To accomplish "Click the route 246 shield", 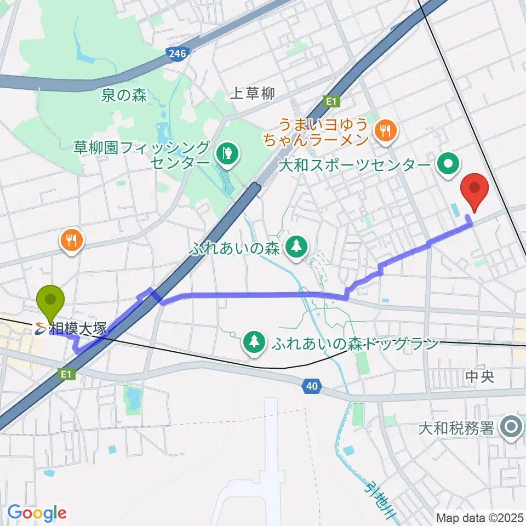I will (x=179, y=53).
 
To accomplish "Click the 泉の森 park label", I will (x=124, y=95).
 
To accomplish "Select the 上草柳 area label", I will (x=252, y=94).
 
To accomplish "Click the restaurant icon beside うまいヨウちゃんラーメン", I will (x=386, y=130).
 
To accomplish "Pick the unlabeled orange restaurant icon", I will (x=72, y=239).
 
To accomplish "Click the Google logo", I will (x=37, y=513).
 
